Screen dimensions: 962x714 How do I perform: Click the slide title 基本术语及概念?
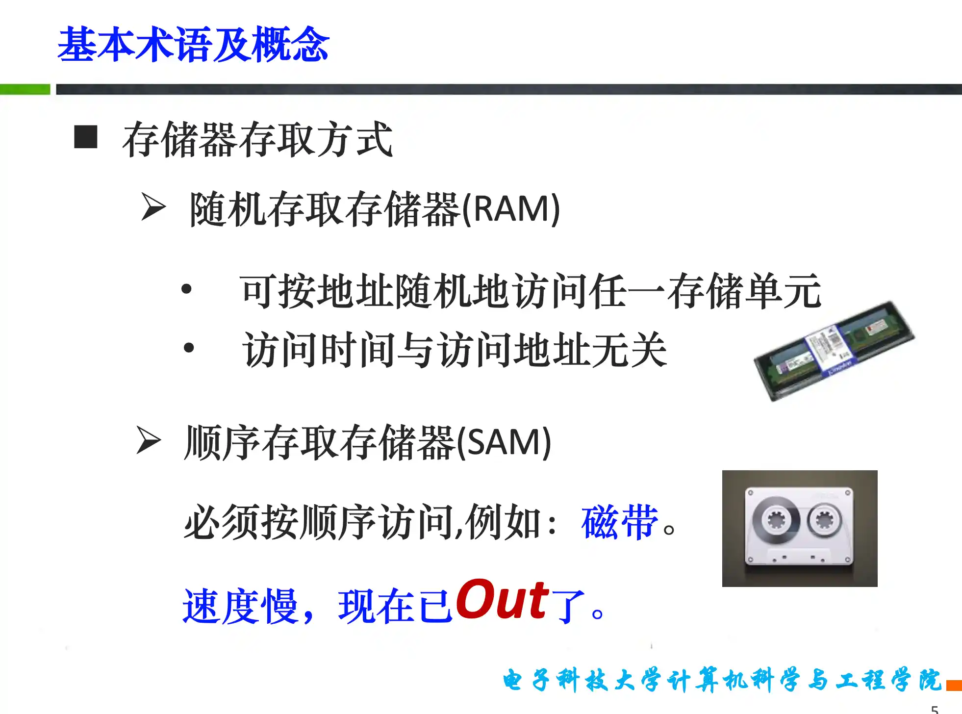coord(193,45)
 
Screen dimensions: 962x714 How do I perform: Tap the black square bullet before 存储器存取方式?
coord(85,137)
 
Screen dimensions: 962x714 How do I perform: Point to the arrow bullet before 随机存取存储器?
coord(153,206)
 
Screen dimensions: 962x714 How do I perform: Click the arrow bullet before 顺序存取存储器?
coord(149,440)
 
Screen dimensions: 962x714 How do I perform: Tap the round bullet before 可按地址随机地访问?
coord(186,289)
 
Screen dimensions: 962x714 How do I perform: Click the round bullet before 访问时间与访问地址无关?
coord(189,348)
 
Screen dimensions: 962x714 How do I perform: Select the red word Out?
coord(503,599)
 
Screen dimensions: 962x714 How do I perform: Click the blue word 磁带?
coord(619,522)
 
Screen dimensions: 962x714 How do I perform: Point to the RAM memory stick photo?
coord(834,351)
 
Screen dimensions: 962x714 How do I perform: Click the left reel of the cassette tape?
coord(776,520)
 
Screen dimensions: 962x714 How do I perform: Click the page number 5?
coord(935,709)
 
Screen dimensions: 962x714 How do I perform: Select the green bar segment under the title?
coord(25,89)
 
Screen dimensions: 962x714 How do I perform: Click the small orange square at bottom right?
coord(954,685)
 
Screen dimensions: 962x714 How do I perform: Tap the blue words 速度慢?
coord(240,607)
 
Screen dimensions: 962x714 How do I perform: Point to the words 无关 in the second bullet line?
coord(629,350)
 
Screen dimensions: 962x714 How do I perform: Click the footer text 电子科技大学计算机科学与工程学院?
coord(722,680)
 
